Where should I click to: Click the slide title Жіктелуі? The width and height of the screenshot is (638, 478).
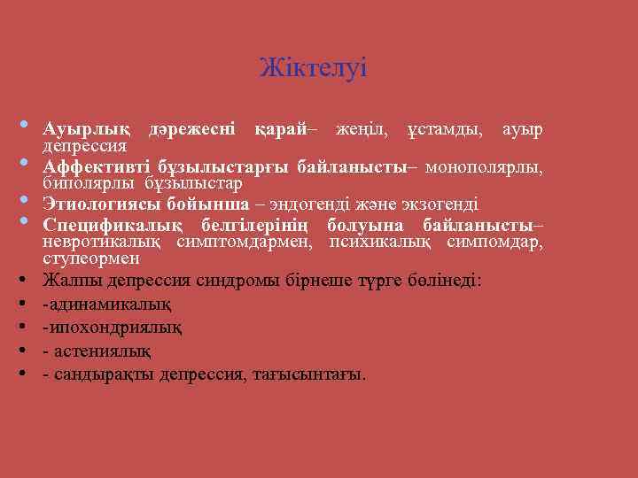coord(314,67)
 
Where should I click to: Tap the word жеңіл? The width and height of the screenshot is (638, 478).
coord(363,130)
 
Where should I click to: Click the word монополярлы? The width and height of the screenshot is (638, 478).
coord(484,167)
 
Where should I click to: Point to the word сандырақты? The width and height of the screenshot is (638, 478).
coord(103,374)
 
